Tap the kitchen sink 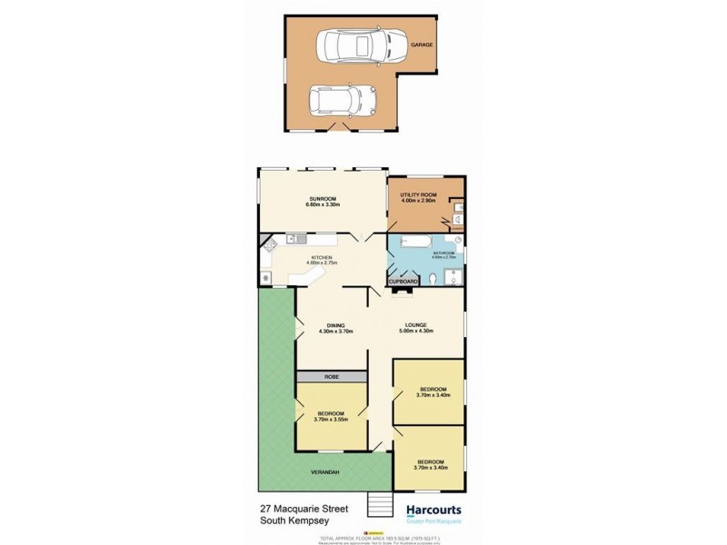click(x=297, y=239)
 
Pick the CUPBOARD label click(x=405, y=282)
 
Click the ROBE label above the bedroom click(x=331, y=375)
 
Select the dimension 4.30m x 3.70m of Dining click(x=334, y=332)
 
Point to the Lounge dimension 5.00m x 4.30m click(x=416, y=332)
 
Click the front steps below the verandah click(x=375, y=505)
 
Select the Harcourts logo click(x=430, y=510)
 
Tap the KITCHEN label click(x=322, y=258)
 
